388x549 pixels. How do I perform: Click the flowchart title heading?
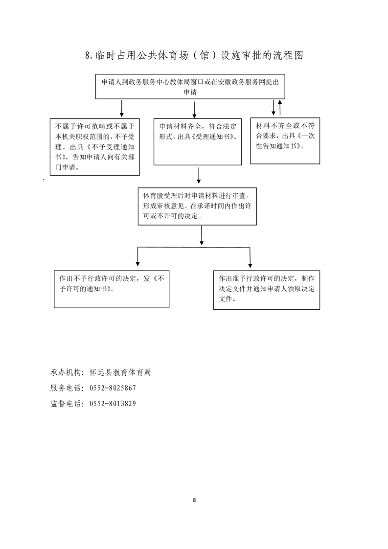(194, 55)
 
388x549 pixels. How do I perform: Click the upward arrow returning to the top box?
(280, 107)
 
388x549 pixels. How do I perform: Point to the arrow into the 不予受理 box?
(121, 109)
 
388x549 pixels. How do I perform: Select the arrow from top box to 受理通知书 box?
(194, 110)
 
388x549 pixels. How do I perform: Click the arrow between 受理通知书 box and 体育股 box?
(199, 175)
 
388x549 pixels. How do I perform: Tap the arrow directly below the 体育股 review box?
(202, 236)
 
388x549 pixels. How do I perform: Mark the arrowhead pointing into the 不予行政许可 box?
(137, 264)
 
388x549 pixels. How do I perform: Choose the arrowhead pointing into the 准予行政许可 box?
(250, 265)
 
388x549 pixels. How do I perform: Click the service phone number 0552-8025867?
(113, 388)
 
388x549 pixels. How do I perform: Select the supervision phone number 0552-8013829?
(113, 403)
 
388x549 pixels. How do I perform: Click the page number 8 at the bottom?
(194, 500)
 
